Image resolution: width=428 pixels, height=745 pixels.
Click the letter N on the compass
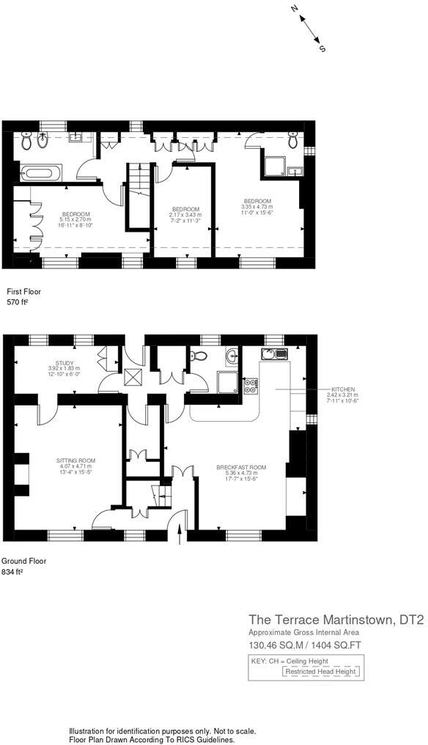pos(295,10)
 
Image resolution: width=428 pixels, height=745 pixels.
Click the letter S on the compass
pos(322,48)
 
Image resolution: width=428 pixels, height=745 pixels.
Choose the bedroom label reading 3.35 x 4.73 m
pos(257,206)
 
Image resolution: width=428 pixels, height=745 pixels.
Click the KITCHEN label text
pos(342,389)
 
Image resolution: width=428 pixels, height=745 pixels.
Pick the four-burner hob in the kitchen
pos(250,383)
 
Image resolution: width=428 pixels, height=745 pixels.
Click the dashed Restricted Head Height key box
pos(321,671)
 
